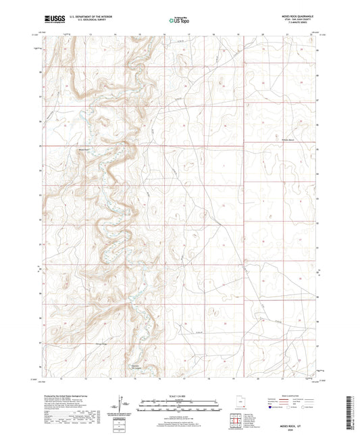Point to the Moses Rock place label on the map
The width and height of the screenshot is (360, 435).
84,149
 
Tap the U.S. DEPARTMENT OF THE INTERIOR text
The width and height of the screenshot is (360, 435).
87,17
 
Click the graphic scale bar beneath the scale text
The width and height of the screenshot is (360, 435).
180,407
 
